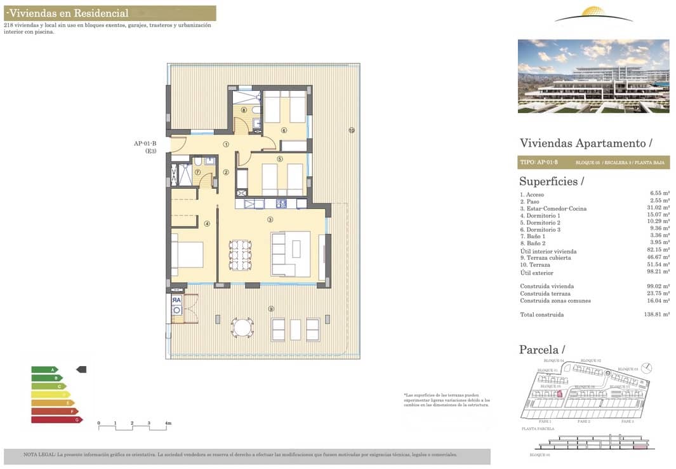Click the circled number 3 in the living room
270,220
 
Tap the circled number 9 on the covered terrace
271,309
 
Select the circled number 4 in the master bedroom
207,223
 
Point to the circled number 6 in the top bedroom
284,131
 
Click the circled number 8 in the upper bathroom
243,110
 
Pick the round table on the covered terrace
242,327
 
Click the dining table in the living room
241,255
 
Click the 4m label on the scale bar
168,423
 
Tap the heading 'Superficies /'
550,182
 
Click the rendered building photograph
593,76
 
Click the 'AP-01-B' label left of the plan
145,144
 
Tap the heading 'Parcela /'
541,350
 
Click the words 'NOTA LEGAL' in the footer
39,454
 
